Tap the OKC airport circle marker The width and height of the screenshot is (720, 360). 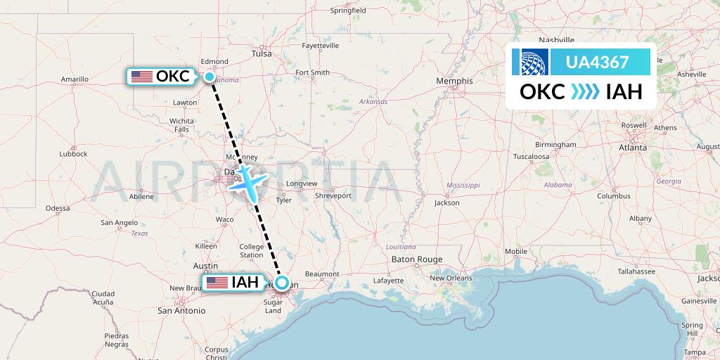210,76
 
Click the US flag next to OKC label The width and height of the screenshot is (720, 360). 142,76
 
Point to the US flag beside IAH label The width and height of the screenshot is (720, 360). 217,283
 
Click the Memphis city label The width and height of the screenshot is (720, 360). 454,81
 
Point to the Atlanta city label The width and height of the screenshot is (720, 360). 633,148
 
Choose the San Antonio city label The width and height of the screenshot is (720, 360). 181,310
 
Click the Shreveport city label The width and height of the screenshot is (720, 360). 333,194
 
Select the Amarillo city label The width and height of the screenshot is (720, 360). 75,79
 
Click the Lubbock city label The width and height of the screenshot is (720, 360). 72,153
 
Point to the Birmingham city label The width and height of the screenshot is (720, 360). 555,144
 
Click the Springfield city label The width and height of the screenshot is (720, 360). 348,11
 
